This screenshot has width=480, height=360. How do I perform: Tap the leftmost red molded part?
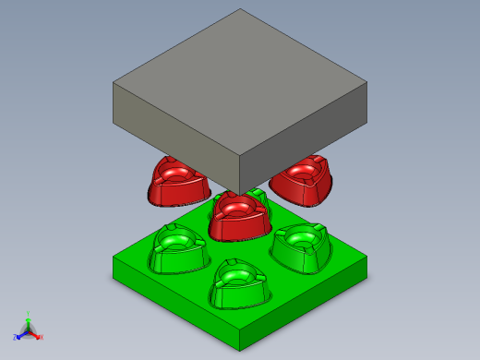click(174, 183)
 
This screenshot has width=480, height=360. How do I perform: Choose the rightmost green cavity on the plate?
click(301, 246)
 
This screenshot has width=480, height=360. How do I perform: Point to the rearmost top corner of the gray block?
click(240, 9)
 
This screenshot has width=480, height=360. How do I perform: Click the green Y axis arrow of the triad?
click(28, 317)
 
